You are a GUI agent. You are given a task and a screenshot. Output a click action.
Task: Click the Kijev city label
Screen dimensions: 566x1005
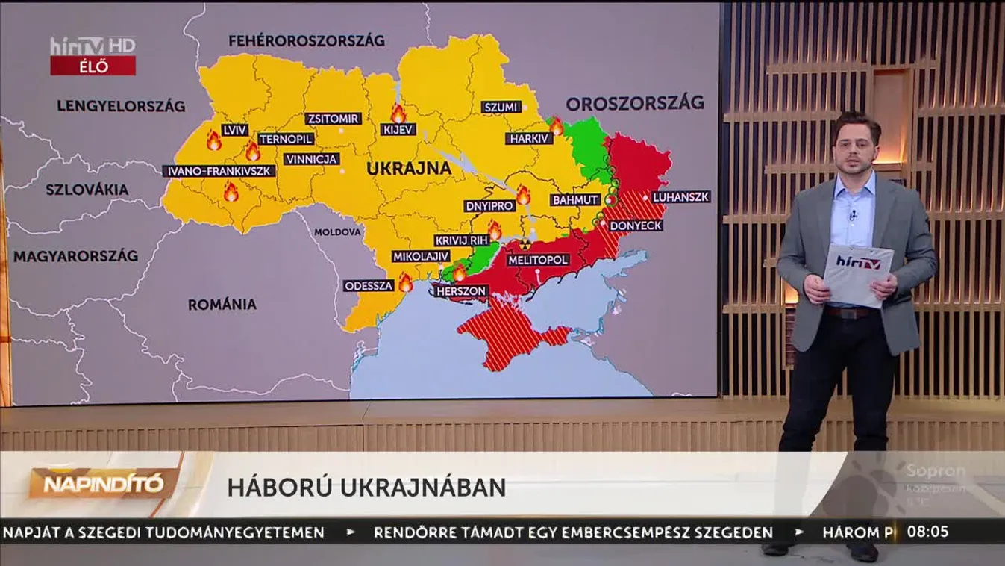[398, 130]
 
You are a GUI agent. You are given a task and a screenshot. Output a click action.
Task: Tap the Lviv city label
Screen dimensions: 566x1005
[235, 130]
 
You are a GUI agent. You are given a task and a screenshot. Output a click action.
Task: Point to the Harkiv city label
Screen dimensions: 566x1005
[529, 138]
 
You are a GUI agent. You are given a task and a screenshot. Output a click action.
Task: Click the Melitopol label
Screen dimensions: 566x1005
[538, 260]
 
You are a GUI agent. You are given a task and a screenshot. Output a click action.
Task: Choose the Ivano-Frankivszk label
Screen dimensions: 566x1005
[219, 171]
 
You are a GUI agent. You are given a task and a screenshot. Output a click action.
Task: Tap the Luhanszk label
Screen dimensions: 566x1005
[680, 197]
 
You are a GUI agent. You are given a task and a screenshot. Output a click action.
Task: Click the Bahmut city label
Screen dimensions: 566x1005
[575, 200]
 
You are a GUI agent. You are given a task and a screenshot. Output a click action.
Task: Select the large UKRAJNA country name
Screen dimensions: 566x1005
[409, 169]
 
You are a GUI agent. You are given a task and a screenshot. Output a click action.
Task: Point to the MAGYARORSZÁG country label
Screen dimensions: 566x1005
[75, 256]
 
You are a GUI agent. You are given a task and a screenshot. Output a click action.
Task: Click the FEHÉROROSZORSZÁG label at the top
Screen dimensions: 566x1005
[306, 40]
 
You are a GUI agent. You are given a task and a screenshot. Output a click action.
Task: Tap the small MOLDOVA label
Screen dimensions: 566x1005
[337, 232]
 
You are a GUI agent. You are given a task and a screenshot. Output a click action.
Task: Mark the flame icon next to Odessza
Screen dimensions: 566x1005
[405, 283]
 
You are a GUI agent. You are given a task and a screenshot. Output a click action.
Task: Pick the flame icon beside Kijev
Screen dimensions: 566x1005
[398, 113]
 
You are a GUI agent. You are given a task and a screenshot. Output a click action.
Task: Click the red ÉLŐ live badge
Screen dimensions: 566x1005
[93, 66]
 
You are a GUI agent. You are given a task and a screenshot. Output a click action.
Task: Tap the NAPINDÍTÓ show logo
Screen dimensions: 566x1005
[102, 485]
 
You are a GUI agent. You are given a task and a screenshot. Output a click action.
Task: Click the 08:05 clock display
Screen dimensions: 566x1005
[927, 532]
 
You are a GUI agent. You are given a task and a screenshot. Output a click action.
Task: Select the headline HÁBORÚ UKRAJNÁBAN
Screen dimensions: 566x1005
[366, 488]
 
